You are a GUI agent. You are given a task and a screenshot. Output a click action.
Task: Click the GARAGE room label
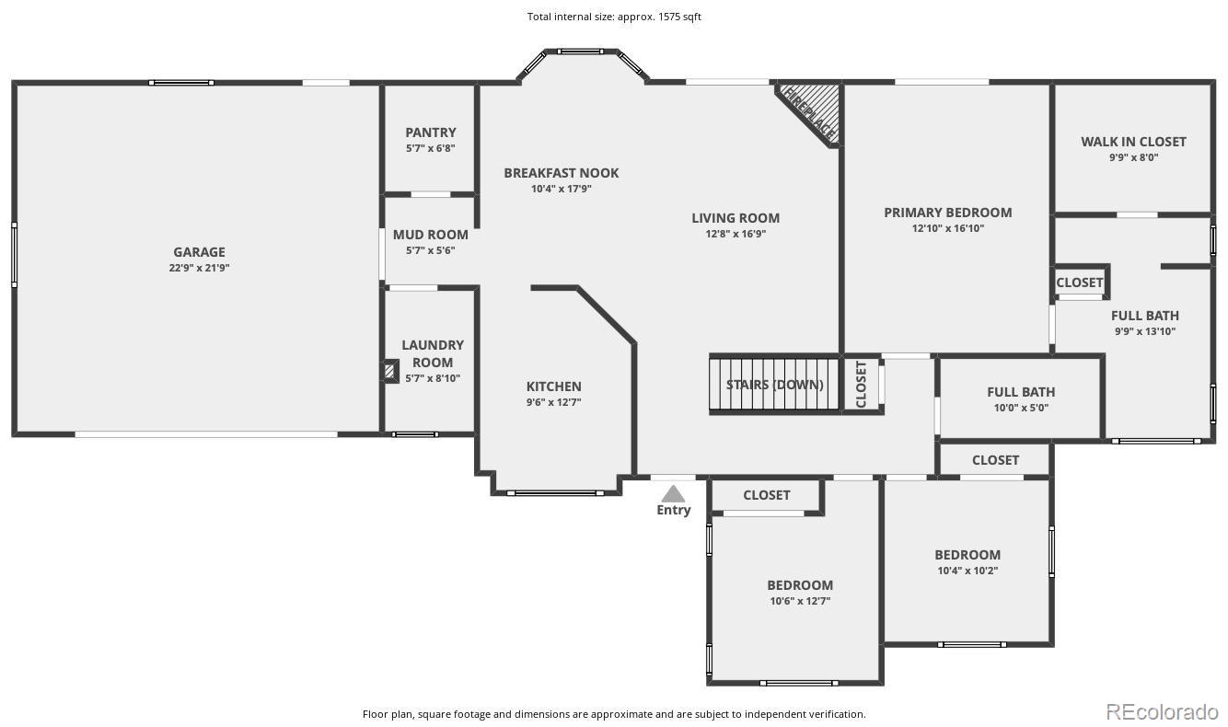click(x=199, y=252)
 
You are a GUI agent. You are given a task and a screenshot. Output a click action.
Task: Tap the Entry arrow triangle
click(x=673, y=494)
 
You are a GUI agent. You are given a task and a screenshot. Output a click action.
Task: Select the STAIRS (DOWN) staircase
click(x=774, y=384)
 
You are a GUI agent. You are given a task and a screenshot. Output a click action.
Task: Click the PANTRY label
click(x=430, y=133)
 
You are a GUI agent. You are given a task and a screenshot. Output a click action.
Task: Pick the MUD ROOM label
click(x=430, y=235)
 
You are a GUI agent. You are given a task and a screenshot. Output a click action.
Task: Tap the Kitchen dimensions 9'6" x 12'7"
click(x=553, y=402)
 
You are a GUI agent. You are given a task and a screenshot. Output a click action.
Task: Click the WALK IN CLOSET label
click(x=1133, y=142)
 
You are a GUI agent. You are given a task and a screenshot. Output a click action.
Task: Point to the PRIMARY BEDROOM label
click(x=948, y=213)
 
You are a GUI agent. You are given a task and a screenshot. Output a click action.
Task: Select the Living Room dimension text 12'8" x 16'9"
click(x=736, y=234)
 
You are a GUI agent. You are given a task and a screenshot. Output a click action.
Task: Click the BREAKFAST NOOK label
click(x=562, y=173)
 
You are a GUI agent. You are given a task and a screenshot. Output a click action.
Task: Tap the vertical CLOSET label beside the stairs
click(x=861, y=384)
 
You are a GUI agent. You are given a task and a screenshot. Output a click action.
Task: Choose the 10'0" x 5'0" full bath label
click(x=1021, y=408)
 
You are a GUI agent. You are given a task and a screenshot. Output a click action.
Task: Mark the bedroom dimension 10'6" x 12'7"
click(x=800, y=601)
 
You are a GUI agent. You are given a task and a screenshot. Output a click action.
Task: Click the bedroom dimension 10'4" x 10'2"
click(x=967, y=571)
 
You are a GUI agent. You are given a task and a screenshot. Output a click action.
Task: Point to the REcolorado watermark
click(x=1162, y=711)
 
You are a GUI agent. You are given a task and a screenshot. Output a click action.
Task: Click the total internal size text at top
click(x=614, y=17)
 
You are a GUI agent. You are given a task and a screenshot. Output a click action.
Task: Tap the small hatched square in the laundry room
click(x=389, y=371)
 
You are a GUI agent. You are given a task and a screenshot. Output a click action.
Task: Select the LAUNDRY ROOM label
click(x=433, y=354)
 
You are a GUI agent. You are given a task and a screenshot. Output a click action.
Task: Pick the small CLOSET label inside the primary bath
click(x=1080, y=283)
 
